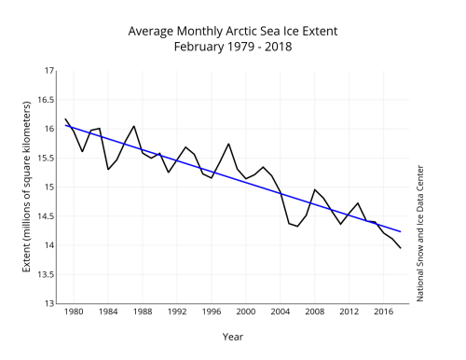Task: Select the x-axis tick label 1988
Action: tap(143, 312)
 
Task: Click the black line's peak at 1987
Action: tap(134, 126)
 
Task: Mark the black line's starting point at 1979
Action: tap(65, 118)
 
